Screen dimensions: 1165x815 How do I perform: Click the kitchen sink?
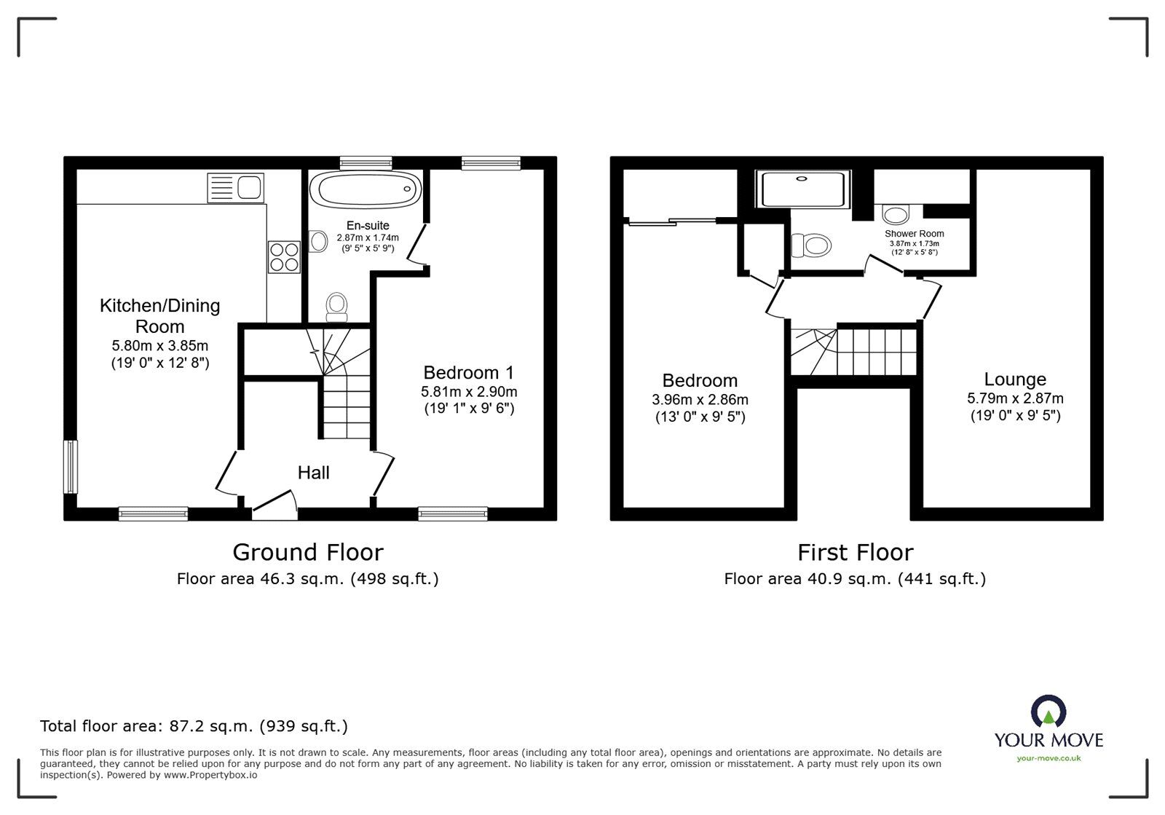[235, 188]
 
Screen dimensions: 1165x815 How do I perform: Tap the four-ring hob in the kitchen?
[284, 257]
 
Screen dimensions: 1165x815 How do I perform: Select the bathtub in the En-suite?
[366, 189]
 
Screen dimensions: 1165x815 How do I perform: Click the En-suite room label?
[368, 226]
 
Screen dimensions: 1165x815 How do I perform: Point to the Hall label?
[313, 472]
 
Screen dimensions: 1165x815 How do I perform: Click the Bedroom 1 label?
[469, 372]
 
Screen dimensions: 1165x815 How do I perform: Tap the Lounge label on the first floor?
[1015, 379]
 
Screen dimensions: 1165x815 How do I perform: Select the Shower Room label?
[914, 234]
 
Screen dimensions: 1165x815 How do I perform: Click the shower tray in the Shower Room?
[802, 189]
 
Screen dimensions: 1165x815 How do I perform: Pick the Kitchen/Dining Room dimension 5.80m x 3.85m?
[159, 345]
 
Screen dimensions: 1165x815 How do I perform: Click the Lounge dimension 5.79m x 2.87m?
[1015, 398]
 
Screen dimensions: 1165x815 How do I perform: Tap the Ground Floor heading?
[308, 552]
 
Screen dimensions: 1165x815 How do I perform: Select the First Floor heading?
[855, 552]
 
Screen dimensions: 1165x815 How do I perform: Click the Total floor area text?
[194, 725]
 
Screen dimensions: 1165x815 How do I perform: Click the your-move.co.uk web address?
[1048, 758]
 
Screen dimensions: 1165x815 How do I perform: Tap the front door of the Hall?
[275, 503]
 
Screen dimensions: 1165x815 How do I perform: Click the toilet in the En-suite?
[336, 307]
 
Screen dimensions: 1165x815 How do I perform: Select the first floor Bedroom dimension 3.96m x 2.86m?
[700, 399]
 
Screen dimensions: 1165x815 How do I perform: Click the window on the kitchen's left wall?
[71, 467]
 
